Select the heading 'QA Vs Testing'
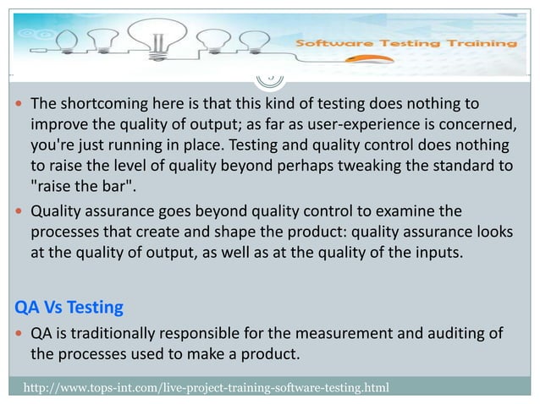63,306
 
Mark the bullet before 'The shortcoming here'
19,105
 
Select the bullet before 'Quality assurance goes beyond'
19,211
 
